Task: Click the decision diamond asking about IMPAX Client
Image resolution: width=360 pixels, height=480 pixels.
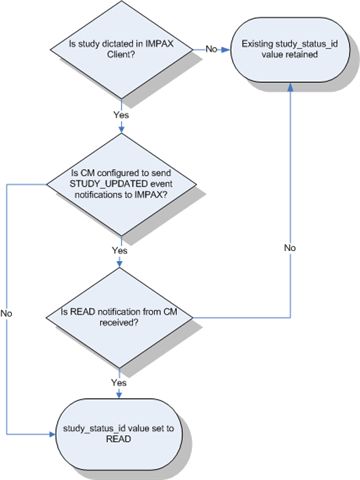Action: (x=120, y=48)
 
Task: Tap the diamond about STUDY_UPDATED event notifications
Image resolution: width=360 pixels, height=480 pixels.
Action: (x=120, y=185)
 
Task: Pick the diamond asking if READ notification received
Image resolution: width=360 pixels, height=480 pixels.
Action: (x=120, y=320)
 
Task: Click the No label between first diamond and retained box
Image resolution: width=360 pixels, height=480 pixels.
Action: (x=212, y=47)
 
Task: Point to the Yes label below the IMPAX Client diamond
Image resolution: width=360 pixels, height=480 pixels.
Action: (x=120, y=114)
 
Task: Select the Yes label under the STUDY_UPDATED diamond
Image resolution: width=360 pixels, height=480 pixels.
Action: (x=120, y=250)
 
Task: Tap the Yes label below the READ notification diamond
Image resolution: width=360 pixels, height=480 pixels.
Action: (x=120, y=381)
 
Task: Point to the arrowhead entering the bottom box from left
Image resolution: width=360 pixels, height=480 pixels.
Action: (x=54, y=434)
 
